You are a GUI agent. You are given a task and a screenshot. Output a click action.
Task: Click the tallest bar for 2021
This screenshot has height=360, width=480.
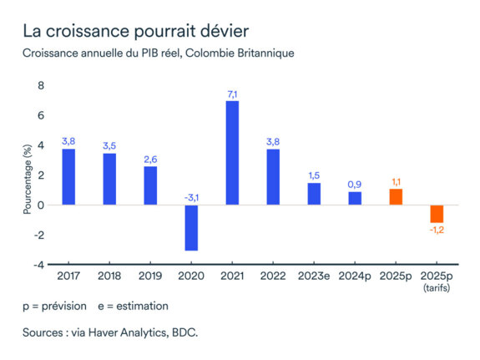232,153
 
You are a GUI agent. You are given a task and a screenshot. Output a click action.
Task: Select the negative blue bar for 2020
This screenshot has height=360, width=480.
191,227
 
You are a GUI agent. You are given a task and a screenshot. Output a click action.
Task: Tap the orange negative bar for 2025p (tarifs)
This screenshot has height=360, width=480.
436,213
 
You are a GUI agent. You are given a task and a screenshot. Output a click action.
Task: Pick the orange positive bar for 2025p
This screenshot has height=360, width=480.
395,196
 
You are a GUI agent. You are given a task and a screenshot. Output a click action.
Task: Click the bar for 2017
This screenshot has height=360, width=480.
68,176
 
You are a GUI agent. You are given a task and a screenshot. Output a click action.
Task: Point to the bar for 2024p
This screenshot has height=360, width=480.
355,198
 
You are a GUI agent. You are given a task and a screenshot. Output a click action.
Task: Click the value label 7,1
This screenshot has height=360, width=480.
232,94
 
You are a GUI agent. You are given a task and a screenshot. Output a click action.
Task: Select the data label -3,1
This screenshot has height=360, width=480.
191,197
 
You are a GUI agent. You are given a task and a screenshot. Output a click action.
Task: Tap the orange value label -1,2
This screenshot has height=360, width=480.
436,231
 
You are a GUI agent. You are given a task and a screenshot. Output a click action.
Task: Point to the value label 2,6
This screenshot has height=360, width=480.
150,159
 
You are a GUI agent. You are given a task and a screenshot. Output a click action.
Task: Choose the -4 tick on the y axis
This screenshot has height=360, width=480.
38,265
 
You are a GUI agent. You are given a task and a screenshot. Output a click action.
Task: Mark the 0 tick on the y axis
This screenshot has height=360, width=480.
41,205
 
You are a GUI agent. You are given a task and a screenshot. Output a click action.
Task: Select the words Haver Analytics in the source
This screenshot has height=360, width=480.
128,333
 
